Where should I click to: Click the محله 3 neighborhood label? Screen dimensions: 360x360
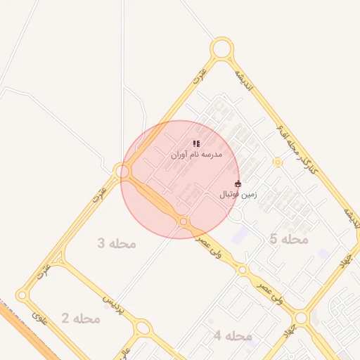click(x=116, y=243)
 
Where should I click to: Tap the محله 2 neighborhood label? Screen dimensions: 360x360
click(x=80, y=319)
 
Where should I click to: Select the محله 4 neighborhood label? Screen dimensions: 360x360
click(x=232, y=336)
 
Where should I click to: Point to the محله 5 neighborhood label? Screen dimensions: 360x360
click(x=289, y=239)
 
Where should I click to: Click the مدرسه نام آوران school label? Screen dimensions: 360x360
click(x=196, y=153)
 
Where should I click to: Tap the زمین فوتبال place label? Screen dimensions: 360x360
click(x=239, y=194)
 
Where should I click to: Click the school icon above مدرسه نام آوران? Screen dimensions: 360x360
click(x=196, y=143)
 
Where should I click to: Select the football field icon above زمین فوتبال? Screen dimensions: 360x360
click(x=238, y=184)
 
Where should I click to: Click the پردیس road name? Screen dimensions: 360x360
click(x=112, y=302)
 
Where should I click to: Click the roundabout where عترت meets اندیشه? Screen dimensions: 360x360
click(x=221, y=49)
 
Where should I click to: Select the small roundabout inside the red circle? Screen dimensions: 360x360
click(x=184, y=221)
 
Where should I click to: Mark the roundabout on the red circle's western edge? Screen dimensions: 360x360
click(x=124, y=171)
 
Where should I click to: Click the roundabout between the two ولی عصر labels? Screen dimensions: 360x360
click(x=242, y=269)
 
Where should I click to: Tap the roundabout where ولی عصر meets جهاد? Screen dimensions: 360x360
click(x=301, y=318)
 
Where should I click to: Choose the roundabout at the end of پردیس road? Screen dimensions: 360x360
click(x=143, y=328)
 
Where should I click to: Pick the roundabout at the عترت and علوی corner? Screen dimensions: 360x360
click(x=23, y=296)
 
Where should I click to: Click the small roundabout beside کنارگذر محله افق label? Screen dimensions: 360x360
click(x=278, y=162)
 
